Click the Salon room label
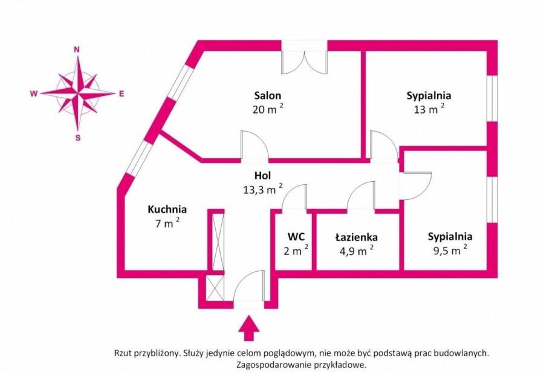[268, 95]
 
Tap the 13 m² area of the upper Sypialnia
[429, 109]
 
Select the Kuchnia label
[167, 210]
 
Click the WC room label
[296, 237]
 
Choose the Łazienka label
[356, 237]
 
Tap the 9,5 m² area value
[450, 250]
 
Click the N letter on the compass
[77, 50]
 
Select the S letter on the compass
[78, 138]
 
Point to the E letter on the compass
[121, 94]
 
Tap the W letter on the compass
[34, 94]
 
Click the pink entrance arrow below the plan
[249, 328]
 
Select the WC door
[294, 197]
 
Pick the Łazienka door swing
[361, 195]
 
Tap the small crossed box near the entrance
[215, 287]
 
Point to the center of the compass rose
[78, 94]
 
